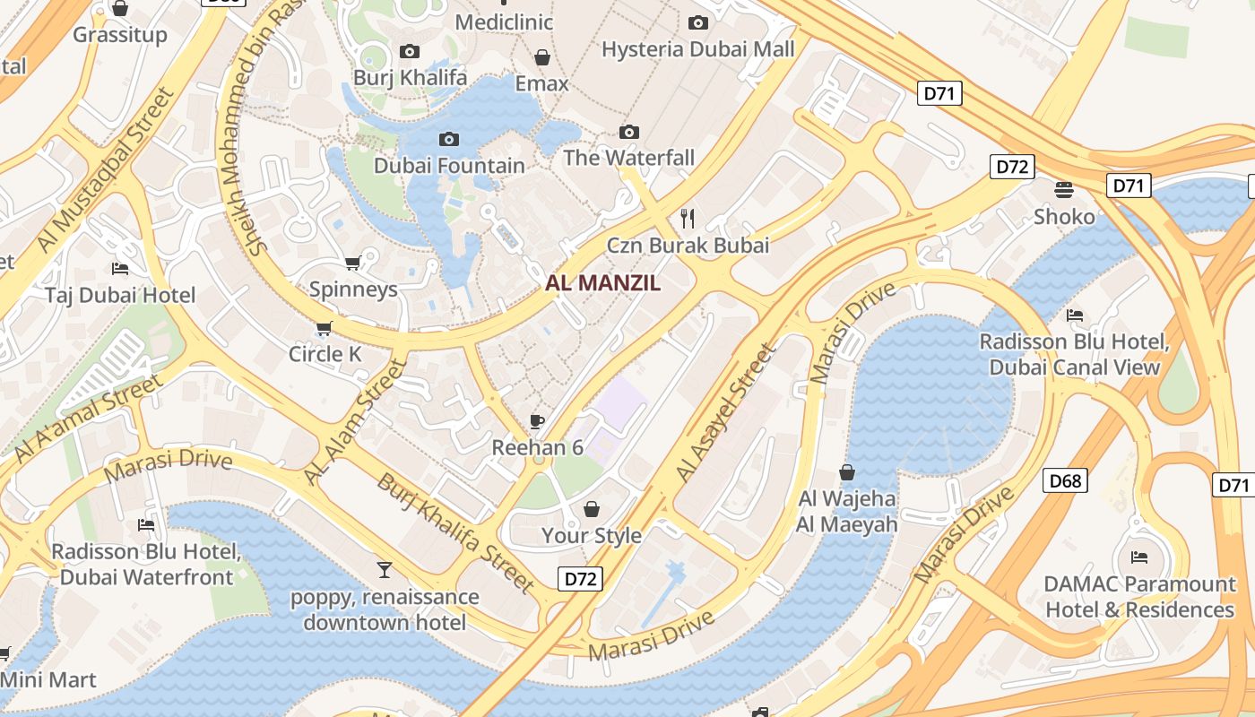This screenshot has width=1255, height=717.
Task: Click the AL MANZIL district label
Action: (603, 283)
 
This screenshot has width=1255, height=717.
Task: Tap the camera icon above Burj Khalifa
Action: (410, 51)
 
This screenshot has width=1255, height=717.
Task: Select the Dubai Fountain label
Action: (449, 166)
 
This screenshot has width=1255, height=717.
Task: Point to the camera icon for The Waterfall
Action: (629, 133)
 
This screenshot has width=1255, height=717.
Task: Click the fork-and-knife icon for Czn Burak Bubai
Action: (688, 218)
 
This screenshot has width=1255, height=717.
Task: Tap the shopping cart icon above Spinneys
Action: (353, 263)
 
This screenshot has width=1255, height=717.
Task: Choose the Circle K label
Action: (325, 354)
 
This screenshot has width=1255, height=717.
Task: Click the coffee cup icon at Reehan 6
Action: (537, 420)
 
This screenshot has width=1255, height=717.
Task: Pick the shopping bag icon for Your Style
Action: (592, 509)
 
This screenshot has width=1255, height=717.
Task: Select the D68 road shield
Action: (1065, 481)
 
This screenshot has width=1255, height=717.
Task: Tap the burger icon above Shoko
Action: (1064, 190)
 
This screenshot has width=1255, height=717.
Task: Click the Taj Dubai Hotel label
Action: (120, 296)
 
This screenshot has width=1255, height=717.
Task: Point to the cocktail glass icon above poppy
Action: (385, 569)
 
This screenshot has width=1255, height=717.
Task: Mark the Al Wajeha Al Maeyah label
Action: (846, 512)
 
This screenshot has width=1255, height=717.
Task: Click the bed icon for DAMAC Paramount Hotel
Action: (1139, 557)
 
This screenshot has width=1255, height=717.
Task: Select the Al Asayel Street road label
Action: (723, 413)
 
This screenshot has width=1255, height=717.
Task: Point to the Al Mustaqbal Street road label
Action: (103, 170)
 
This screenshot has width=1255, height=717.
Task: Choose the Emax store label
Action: (541, 83)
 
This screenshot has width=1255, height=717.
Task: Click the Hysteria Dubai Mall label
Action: (698, 49)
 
